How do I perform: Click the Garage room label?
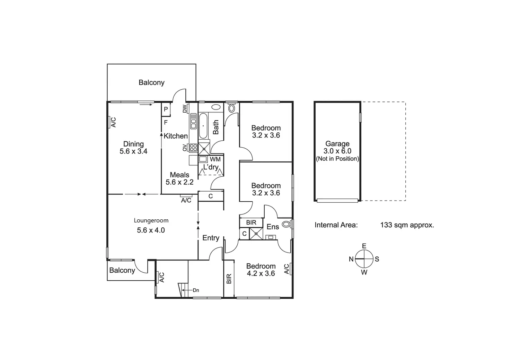(337, 143)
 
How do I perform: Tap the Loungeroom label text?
(151, 220)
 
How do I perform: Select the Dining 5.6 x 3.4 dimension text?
(133, 151)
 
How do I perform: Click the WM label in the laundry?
(215, 159)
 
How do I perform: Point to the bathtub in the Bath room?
(203, 125)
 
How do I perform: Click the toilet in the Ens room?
(286, 224)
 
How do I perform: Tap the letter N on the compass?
(351, 259)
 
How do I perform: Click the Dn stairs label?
(196, 290)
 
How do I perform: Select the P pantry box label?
(166, 109)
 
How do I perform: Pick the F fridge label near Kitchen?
(166, 122)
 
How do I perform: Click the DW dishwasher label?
(185, 109)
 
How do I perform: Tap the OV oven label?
(185, 148)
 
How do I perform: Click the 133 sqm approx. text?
(407, 225)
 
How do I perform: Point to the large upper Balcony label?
(151, 82)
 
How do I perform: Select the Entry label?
(211, 238)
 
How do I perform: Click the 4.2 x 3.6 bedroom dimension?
(261, 273)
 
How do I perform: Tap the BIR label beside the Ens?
(251, 222)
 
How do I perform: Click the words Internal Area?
(336, 225)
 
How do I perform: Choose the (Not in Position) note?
(337, 159)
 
